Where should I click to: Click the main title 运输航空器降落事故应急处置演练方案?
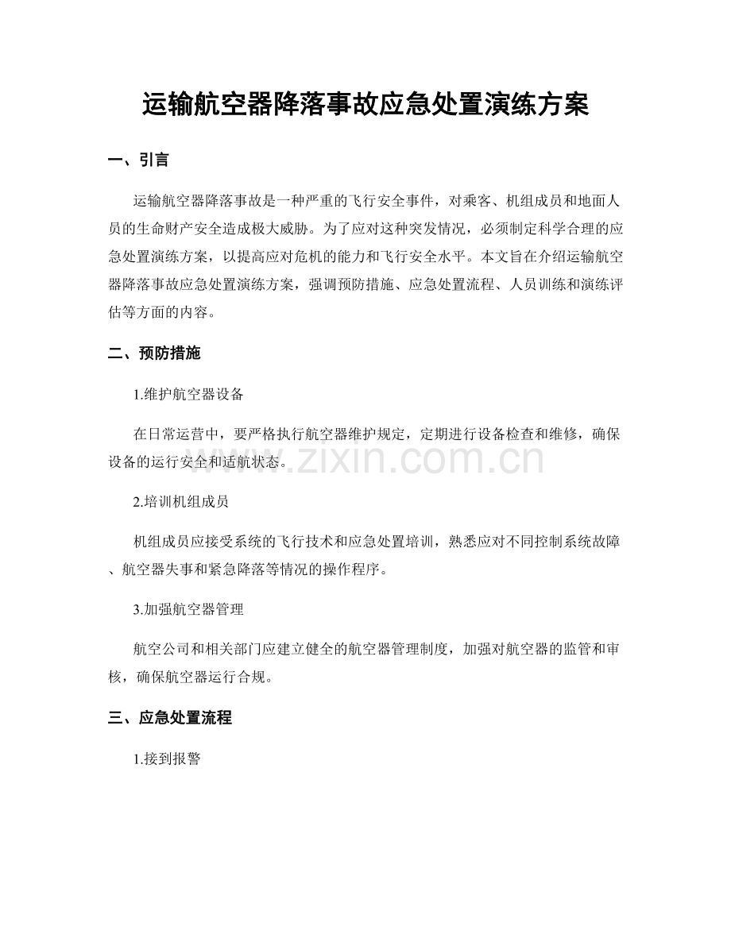pyautogui.click(x=365, y=105)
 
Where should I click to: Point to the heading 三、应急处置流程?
pyautogui.click(x=169, y=718)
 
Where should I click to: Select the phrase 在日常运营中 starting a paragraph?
pyautogui.click(x=177, y=434)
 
